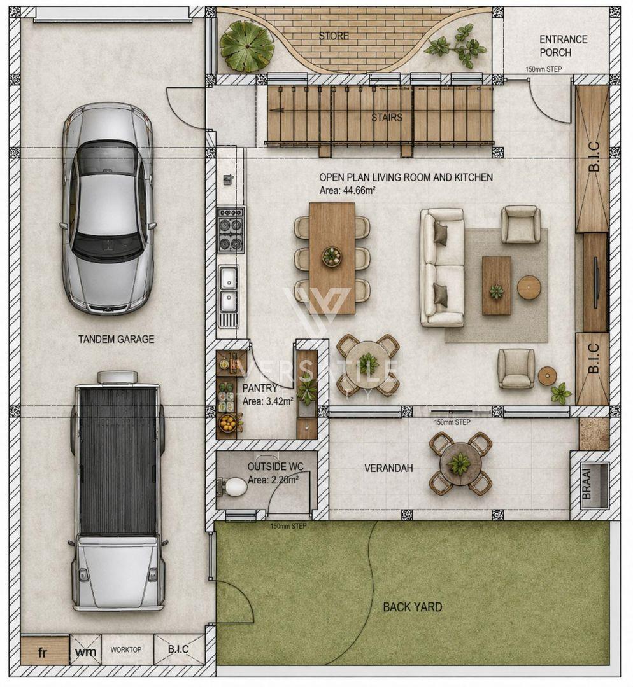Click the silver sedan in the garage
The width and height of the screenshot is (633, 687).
[x=108, y=209]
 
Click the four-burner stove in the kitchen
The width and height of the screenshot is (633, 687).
[x=231, y=230]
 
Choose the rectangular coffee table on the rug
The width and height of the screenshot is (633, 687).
[x=496, y=285]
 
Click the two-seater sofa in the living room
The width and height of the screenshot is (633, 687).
[x=442, y=268]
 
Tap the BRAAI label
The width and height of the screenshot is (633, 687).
[x=587, y=482]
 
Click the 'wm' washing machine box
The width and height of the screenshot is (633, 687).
[x=85, y=652]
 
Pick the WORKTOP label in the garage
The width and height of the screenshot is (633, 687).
[x=126, y=649]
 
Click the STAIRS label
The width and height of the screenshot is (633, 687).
[x=387, y=118]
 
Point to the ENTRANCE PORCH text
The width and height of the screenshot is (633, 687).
[x=563, y=46]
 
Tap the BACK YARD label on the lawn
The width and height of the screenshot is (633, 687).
[x=413, y=607]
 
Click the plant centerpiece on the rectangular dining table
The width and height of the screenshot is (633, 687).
[x=332, y=256]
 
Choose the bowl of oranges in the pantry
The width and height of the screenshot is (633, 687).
[x=227, y=423]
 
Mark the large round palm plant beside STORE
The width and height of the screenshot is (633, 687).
[x=246, y=46]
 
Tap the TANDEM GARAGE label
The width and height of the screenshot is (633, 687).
[x=117, y=339]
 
